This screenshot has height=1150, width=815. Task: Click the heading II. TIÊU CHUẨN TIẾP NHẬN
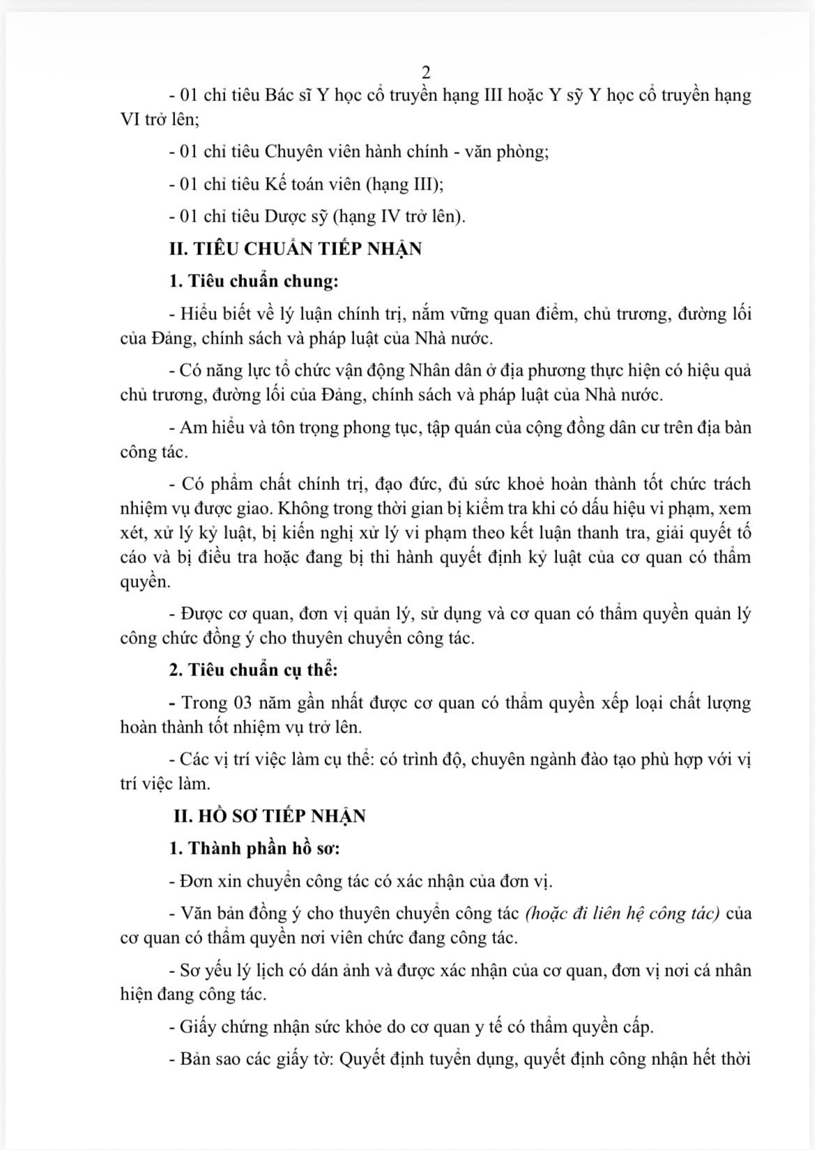click(295, 249)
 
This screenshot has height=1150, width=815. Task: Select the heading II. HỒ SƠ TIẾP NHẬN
click(270, 815)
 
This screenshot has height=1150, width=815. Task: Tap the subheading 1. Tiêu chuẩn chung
click(253, 281)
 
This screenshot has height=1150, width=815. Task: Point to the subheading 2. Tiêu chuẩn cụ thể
click(253, 670)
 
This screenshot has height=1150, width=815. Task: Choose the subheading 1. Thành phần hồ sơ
click(254, 848)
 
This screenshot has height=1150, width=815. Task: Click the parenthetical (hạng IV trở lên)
click(399, 216)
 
